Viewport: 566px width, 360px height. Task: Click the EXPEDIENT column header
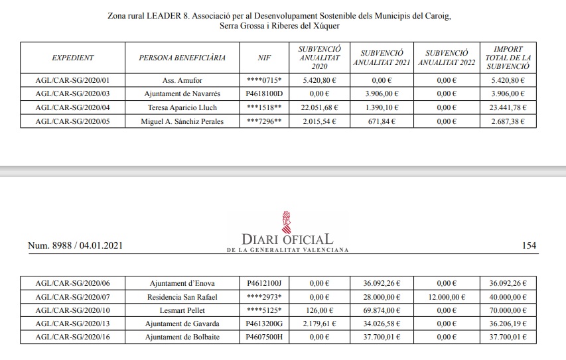(x=72, y=58)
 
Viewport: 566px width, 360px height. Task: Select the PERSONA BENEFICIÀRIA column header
(x=182, y=58)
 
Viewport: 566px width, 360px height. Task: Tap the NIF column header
(x=264, y=58)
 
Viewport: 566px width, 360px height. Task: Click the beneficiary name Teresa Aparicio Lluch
(x=182, y=107)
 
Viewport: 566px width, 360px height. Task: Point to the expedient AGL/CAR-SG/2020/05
(x=72, y=121)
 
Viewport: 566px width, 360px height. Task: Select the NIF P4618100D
(x=264, y=94)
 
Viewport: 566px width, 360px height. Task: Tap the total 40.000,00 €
(x=507, y=297)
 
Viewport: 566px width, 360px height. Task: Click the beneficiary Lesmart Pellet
(x=182, y=310)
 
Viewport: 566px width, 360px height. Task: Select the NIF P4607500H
(x=264, y=337)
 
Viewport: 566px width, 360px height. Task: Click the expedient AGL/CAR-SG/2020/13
(x=72, y=324)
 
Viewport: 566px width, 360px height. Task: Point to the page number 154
(x=529, y=246)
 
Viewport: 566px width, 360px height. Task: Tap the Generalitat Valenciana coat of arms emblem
(x=287, y=221)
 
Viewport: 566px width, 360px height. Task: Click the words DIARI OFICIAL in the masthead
(x=287, y=239)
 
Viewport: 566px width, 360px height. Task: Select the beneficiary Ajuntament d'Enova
(x=182, y=283)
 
